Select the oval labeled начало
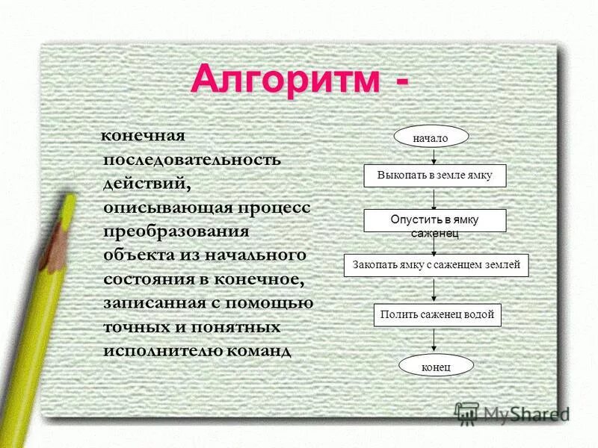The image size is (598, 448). (431, 138)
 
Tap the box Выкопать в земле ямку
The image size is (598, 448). (434, 175)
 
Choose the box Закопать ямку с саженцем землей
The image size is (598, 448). (437, 265)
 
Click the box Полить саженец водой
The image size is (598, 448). (437, 315)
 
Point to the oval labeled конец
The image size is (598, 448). (436, 365)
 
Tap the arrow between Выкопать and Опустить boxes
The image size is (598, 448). (434, 198)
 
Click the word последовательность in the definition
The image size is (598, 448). (192, 159)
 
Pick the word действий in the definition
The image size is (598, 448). (142, 183)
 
